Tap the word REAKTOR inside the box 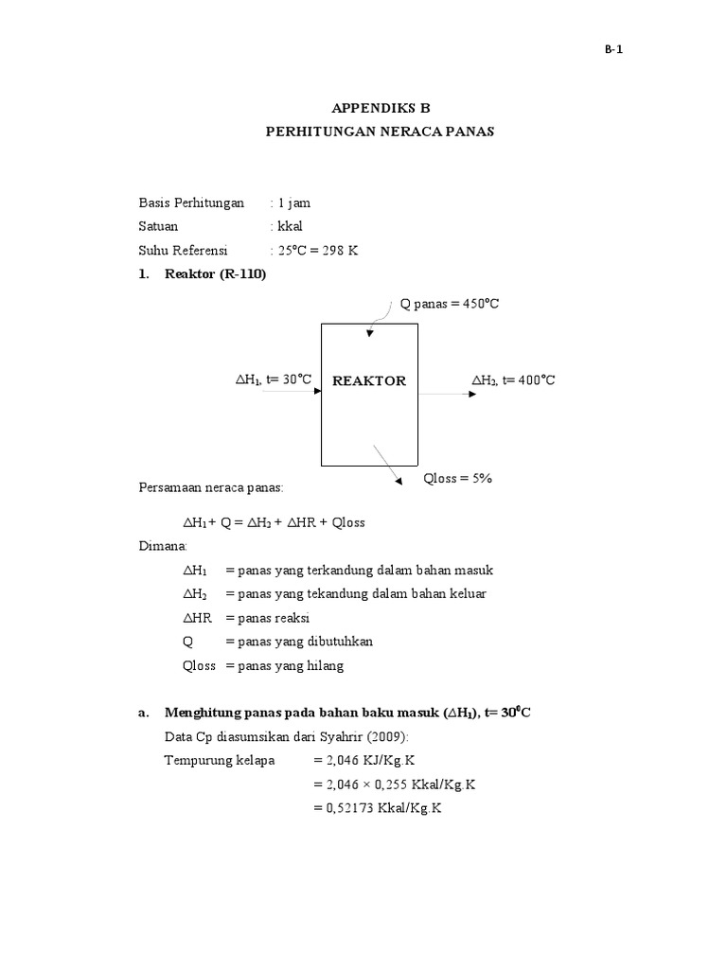click(369, 380)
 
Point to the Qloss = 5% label click(458, 479)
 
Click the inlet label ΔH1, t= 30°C click(273, 380)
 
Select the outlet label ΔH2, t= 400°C click(513, 380)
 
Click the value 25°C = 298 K click(316, 251)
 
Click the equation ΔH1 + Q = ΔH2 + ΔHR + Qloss click(274, 522)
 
